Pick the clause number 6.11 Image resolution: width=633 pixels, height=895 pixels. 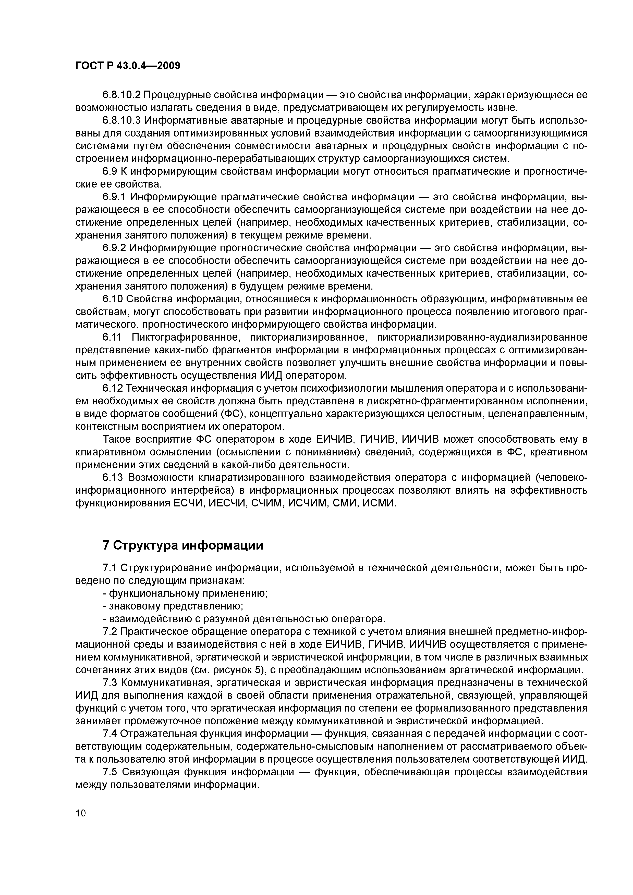tap(112, 338)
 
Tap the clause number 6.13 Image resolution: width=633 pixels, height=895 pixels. tap(112, 478)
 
